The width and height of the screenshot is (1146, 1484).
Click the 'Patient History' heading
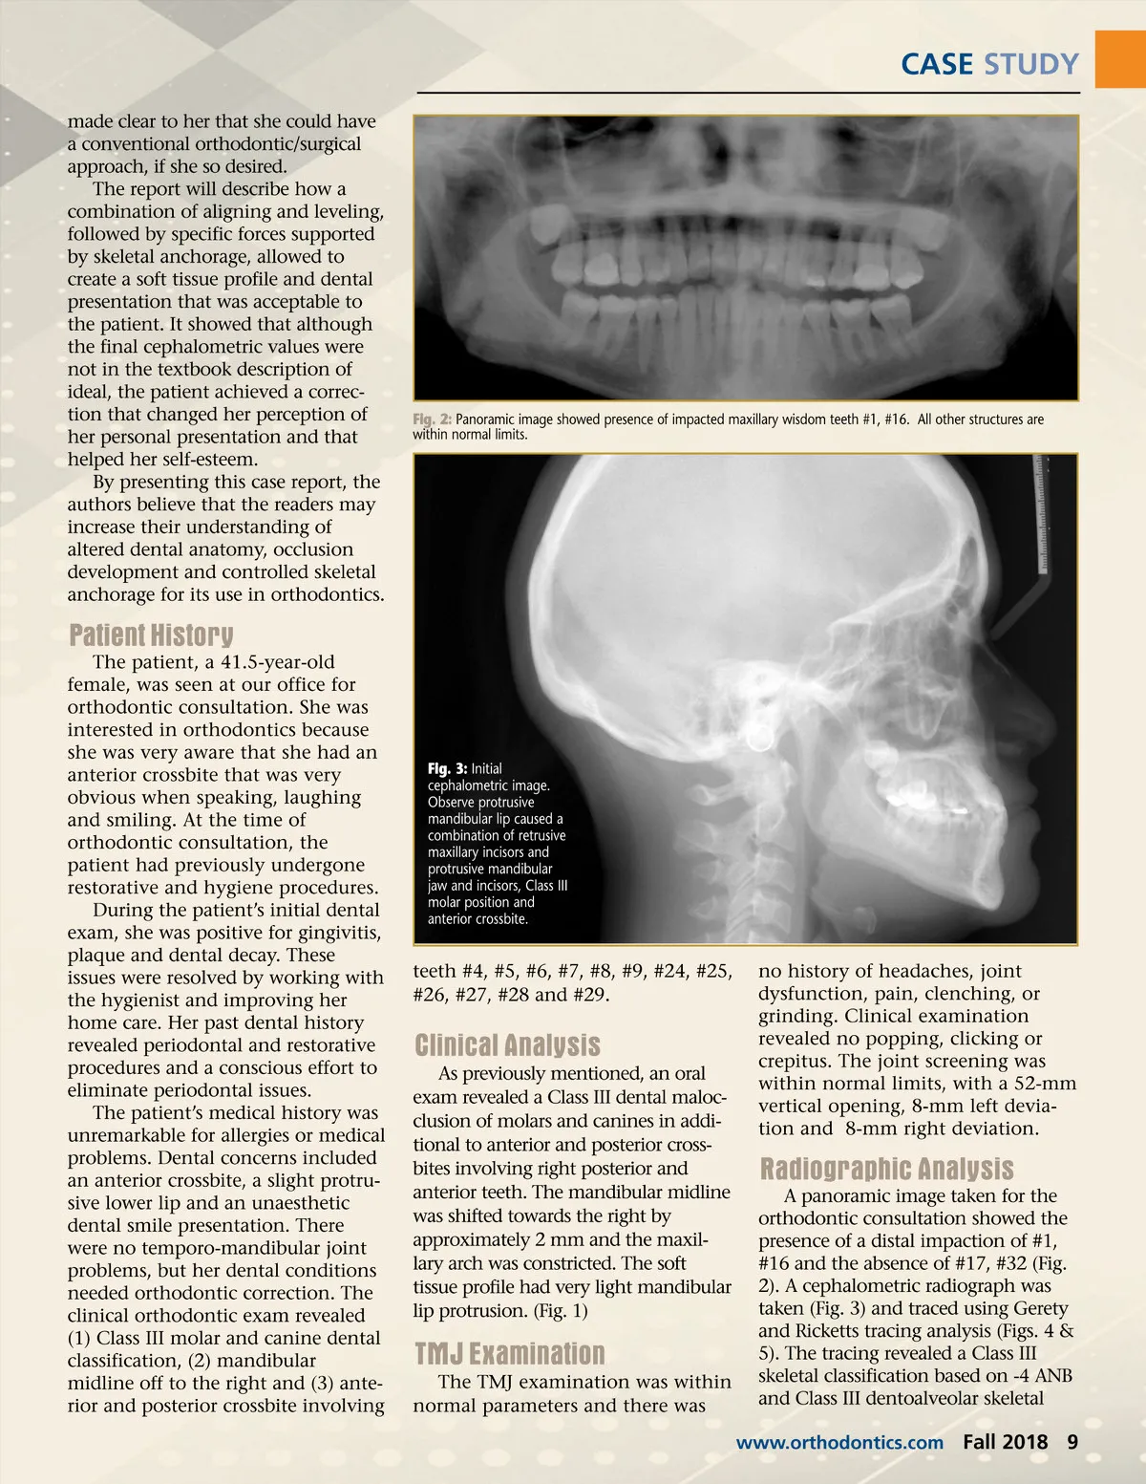coord(151,635)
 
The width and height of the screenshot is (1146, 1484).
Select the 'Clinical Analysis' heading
coord(507,1044)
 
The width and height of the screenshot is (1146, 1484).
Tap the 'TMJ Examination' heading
coord(509,1353)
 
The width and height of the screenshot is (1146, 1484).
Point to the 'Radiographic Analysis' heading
coord(886,1169)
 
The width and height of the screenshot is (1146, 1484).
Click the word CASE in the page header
coord(937,64)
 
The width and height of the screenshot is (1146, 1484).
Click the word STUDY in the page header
coord(1031,64)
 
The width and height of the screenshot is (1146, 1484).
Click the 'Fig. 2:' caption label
coord(432,419)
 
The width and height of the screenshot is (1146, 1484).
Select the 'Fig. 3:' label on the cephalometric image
coord(447,768)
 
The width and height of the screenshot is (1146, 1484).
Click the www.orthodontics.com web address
coord(839,1443)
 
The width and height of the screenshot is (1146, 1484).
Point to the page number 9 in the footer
coord(1072,1442)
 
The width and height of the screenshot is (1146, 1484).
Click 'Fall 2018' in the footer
coord(1005,1442)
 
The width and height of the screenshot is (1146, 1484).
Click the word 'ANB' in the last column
coord(1050,1376)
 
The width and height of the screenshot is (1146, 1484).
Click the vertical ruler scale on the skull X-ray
coord(1042,516)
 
